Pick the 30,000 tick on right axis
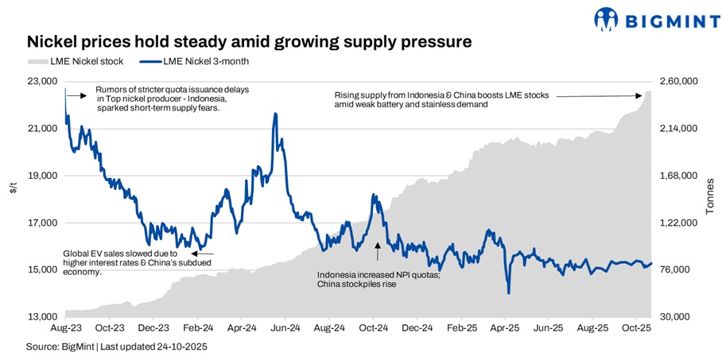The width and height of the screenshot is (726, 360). click(676, 317)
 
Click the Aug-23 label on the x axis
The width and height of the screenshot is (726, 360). click(65, 327)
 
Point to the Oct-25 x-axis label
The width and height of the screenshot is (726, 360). click(635, 327)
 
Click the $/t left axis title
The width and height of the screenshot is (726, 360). click(14, 188)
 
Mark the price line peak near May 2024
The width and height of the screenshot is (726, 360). click(275, 114)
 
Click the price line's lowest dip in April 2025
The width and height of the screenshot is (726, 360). click(508, 293)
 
